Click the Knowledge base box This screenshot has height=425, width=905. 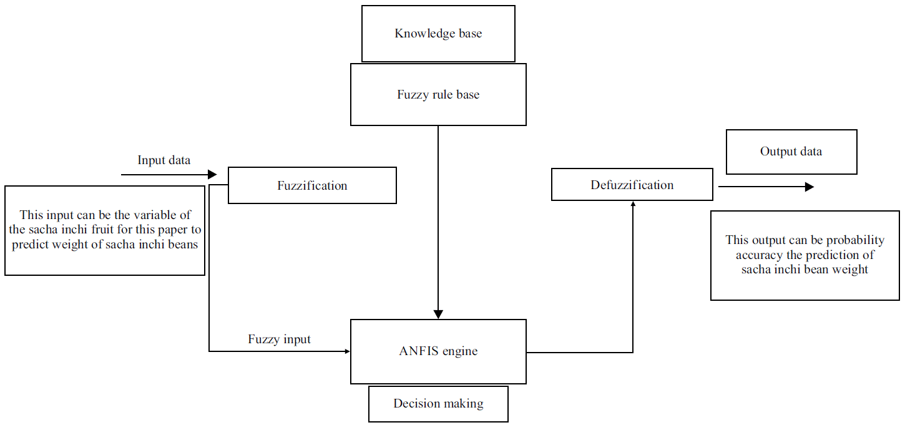coord(438,34)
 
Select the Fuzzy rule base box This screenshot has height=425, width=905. coord(438,95)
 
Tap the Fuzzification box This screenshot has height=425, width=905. coord(312,185)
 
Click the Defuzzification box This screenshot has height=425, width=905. coord(632,185)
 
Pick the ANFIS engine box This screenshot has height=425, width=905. coord(438,351)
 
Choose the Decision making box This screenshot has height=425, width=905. coord(438,404)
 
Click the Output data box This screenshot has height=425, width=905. coord(791,152)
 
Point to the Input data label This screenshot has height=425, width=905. coord(164,160)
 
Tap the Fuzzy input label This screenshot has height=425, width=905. coord(279,340)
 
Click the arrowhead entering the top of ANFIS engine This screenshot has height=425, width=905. coord(438,314)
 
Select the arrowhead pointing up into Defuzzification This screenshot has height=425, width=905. coord(633,204)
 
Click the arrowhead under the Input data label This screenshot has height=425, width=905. coord(212,175)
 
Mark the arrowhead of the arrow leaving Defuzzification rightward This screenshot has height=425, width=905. coord(810,187)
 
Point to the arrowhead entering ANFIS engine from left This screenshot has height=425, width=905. coord(347,351)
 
